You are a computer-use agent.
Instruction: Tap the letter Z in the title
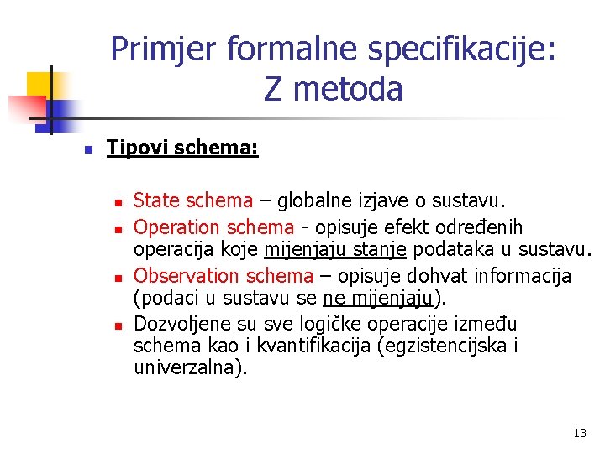273,89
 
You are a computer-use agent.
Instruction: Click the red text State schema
193,200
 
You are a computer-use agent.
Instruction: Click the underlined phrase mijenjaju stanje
334,250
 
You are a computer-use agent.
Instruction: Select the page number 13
579,434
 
